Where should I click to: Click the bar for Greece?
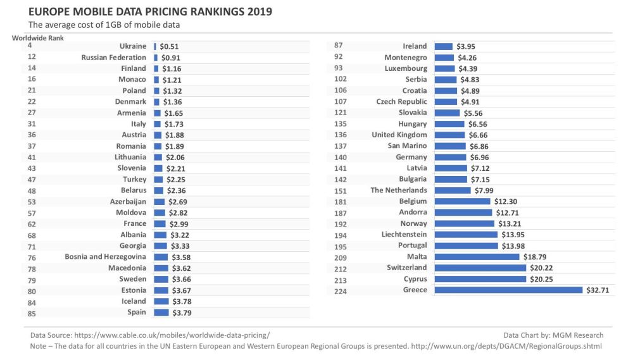click(x=508, y=290)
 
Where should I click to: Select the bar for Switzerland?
click(x=480, y=268)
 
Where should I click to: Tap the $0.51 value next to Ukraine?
click(x=169, y=46)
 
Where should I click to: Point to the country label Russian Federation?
click(x=114, y=58)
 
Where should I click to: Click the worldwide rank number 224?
click(x=338, y=290)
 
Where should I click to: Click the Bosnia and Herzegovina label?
click(x=105, y=257)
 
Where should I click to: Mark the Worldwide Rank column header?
click(x=37, y=37)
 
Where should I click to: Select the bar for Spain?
click(x=161, y=312)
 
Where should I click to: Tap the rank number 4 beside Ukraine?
click(x=30, y=46)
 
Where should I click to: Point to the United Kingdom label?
click(x=399, y=135)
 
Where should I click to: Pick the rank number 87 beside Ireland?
click(x=338, y=46)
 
